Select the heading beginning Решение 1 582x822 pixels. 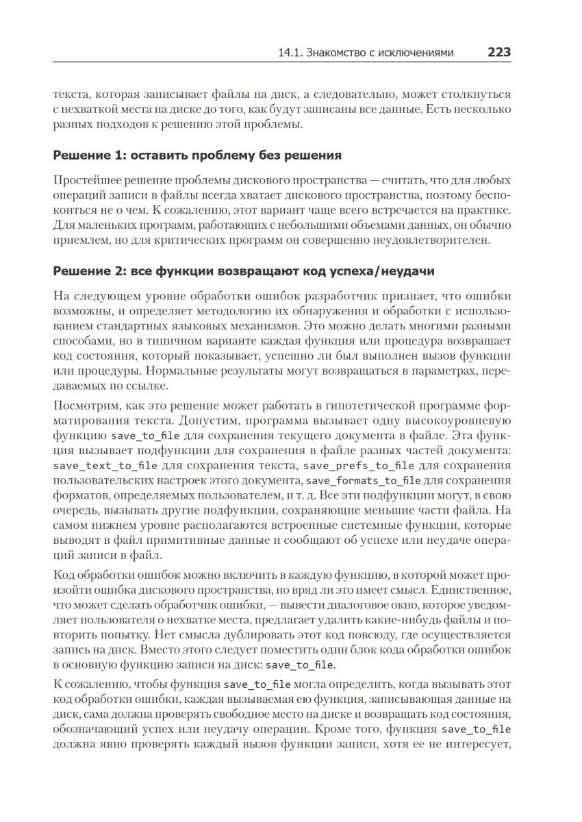pos(197,155)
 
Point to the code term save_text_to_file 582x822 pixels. pos(105,466)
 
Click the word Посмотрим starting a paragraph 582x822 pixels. pos(81,404)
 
